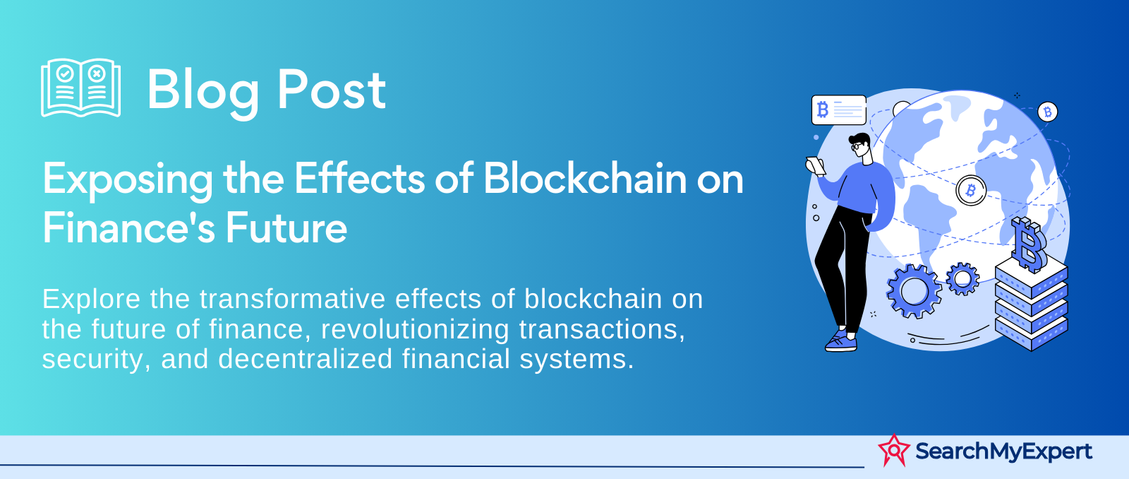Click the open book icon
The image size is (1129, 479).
coord(80,88)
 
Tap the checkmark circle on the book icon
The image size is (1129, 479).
coord(64,73)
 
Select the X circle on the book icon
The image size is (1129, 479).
coord(96,73)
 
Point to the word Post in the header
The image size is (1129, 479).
coord(332,90)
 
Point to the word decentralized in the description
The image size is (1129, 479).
coord(306,359)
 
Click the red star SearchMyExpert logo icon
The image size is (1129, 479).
coord(894,450)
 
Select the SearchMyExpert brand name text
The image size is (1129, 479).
coord(1003,451)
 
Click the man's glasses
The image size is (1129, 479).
coord(857,147)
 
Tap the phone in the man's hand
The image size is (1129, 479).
coord(816,165)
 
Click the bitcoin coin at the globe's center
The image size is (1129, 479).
coord(971,190)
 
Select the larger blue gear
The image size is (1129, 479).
coord(914,291)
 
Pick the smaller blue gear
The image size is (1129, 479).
coord(962,278)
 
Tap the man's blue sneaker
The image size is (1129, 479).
coord(840,342)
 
